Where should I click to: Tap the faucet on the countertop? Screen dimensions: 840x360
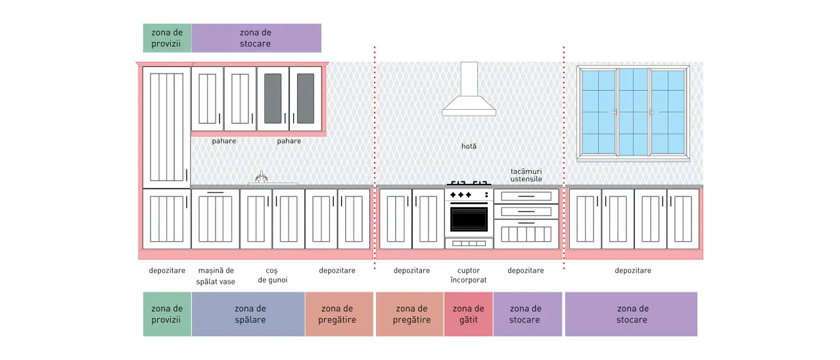262,177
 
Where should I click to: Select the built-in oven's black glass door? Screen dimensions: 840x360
469,219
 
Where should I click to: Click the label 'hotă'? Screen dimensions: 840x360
469,146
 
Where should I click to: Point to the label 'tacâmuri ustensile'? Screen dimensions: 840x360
526,175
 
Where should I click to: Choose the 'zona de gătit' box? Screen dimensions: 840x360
469,314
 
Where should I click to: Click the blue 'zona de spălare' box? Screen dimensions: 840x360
248,314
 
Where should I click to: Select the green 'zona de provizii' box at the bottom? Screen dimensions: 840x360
167,314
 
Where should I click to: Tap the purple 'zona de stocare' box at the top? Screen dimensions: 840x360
256,38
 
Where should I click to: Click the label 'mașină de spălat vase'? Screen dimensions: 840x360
216,276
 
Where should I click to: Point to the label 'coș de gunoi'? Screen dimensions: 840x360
273,275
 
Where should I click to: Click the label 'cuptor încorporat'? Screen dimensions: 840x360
469,275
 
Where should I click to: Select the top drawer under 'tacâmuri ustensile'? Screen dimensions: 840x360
526,196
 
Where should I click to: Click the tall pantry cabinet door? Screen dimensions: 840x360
166,127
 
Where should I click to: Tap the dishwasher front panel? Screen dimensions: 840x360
215,219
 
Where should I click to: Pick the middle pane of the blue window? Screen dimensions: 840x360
634,112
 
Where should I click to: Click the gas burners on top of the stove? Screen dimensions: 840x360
469,183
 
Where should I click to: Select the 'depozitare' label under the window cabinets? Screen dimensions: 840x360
632,271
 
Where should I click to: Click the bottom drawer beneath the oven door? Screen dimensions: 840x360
469,244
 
